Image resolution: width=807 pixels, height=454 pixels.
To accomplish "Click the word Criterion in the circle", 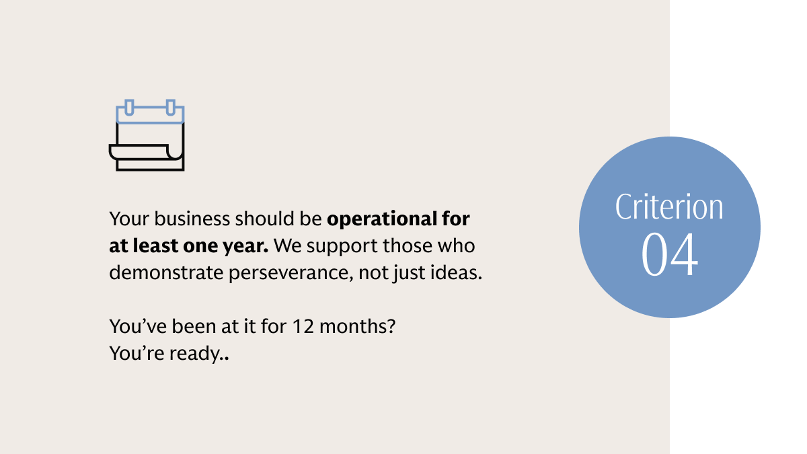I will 669,207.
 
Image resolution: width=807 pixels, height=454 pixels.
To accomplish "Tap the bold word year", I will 250,246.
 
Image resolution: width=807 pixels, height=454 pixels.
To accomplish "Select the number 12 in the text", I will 300,327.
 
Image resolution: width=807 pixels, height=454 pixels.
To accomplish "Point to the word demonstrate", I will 157,274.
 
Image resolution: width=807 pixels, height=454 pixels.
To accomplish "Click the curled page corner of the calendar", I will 174,153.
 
